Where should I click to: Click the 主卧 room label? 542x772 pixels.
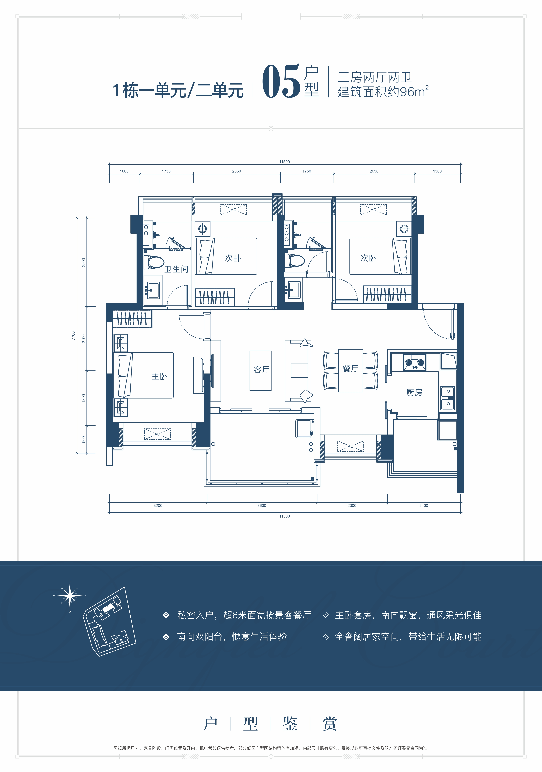click(159, 376)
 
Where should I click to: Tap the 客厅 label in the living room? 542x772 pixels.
click(261, 370)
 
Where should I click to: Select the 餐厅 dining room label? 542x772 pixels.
click(350, 369)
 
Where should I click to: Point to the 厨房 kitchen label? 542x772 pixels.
click(414, 392)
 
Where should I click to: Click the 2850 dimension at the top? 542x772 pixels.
click(236, 171)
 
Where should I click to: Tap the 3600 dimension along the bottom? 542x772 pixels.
click(262, 505)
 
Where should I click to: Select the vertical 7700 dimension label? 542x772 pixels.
click(73, 336)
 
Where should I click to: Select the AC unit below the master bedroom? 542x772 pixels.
click(157, 434)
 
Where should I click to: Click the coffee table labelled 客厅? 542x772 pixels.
click(260, 371)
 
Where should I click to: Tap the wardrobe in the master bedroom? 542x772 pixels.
click(132, 318)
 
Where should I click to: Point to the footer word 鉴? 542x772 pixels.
click(290, 724)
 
